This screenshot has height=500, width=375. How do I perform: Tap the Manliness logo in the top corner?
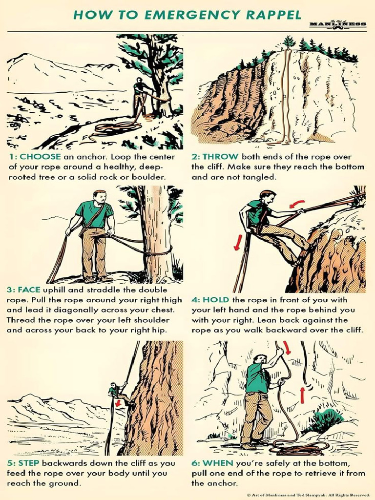[338, 24]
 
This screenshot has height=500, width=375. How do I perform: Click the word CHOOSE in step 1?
[40, 157]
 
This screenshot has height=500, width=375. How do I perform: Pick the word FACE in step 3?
[29, 290]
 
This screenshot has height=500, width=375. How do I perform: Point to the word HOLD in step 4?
[216, 300]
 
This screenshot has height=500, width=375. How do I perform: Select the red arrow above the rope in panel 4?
[297, 204]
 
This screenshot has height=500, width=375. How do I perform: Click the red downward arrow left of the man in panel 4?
[237, 242]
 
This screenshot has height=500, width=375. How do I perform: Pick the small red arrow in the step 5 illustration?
[118, 402]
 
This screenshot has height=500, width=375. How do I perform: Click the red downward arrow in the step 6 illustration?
[287, 347]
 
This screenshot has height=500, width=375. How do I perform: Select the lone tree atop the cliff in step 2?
[289, 42]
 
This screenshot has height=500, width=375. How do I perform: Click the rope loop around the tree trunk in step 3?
[157, 252]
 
